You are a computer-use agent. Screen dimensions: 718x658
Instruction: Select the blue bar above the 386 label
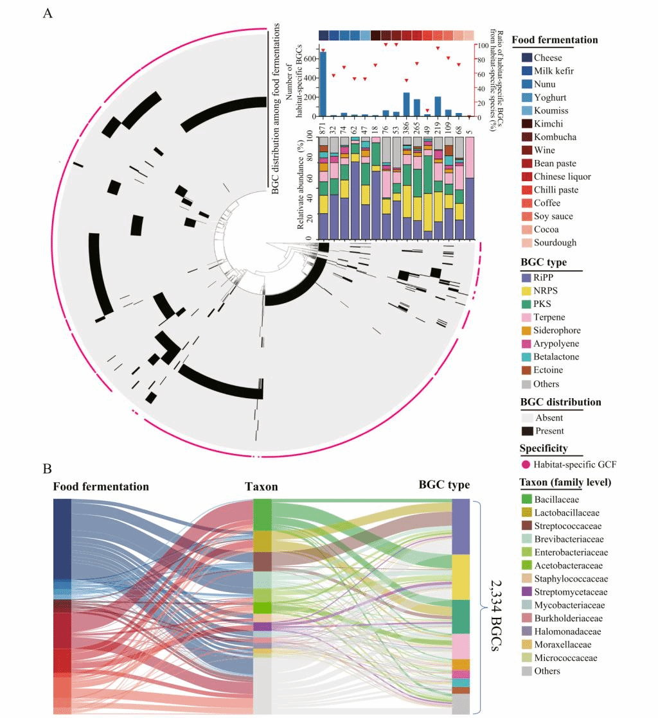[x=406, y=105]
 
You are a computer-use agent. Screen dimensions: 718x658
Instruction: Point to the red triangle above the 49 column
[x=427, y=110]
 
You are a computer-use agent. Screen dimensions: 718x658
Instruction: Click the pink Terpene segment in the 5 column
[x=469, y=157]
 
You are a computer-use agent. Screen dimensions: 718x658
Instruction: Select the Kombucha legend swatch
[x=526, y=137]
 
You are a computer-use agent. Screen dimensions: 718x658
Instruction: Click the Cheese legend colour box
[x=526, y=58]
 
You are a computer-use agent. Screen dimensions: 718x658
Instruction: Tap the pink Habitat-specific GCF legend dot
[x=526, y=464]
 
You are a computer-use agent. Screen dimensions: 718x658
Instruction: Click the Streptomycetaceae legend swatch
[x=526, y=591]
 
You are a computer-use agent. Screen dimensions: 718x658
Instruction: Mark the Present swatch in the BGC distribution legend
[x=526, y=431]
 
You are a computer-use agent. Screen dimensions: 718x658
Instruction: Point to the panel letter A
[x=48, y=13]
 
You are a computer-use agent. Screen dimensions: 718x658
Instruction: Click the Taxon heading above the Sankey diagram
[x=262, y=486]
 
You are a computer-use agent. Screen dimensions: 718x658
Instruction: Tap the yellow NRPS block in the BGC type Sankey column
[x=461, y=577]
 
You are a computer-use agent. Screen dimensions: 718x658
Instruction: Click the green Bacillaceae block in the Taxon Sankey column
[x=262, y=514]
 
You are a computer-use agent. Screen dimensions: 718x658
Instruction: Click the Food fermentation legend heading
[x=555, y=40]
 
